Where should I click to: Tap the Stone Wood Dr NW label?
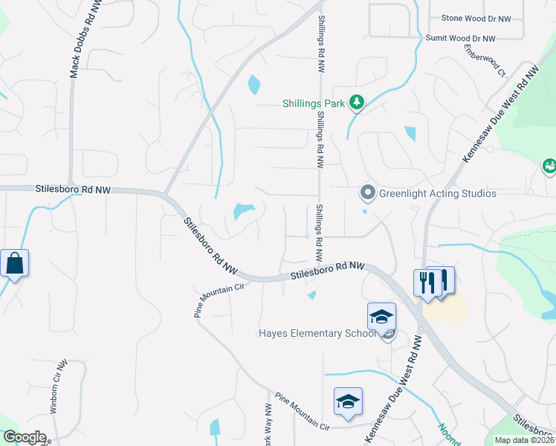(x=476, y=19)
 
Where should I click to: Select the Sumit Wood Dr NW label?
(x=460, y=38)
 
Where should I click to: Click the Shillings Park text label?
(x=314, y=104)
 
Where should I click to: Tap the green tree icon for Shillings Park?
(x=357, y=103)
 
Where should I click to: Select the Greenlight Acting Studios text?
(x=437, y=194)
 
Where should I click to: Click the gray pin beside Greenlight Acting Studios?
(x=367, y=193)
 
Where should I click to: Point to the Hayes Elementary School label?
(x=317, y=333)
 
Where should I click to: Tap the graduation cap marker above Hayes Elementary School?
(x=381, y=317)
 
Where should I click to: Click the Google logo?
(x=25, y=437)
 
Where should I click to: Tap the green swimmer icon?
(x=550, y=166)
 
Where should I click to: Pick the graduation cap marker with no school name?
(x=348, y=402)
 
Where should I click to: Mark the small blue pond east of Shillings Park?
(x=410, y=134)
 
